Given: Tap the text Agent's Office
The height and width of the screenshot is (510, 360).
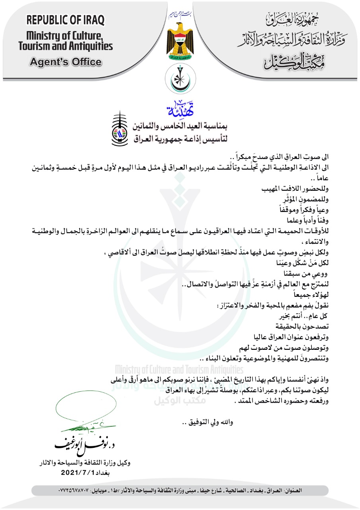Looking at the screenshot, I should pos(65,62).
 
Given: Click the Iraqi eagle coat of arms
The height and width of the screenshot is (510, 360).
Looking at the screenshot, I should pos(180,42).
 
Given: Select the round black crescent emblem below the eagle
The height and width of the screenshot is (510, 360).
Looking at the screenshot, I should pos(180,78).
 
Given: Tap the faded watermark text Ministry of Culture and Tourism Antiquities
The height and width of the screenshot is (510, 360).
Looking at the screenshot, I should pos(179,368).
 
